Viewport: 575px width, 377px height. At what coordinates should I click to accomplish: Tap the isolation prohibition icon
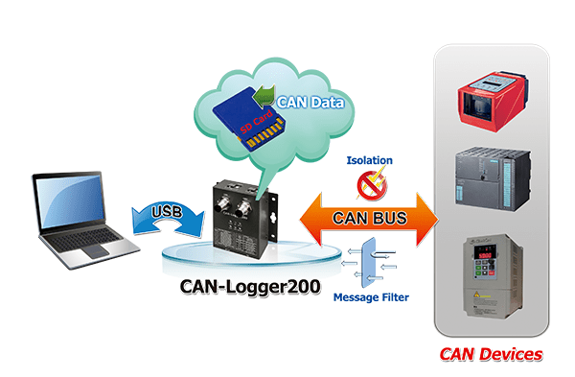click(x=368, y=182)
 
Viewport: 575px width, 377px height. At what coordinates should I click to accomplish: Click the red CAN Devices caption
click(x=491, y=355)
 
